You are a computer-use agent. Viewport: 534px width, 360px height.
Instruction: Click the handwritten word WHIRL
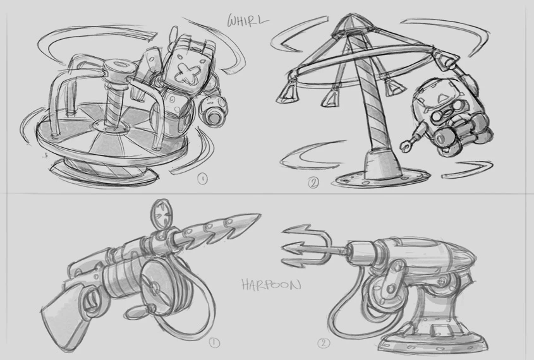coord(248,20)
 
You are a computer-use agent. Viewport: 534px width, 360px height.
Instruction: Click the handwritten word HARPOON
coord(271,284)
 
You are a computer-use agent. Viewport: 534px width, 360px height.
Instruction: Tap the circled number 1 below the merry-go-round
coord(203,178)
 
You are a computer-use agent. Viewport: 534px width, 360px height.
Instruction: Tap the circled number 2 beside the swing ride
coord(313,183)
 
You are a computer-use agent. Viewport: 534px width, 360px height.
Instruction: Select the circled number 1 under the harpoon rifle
coord(214,343)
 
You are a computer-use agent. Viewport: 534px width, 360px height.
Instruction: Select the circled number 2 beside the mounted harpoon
coord(324,343)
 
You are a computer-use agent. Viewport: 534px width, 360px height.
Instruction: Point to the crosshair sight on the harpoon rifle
coord(161,211)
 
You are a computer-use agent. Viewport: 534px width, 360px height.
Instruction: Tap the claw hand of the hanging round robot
coord(405,145)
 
